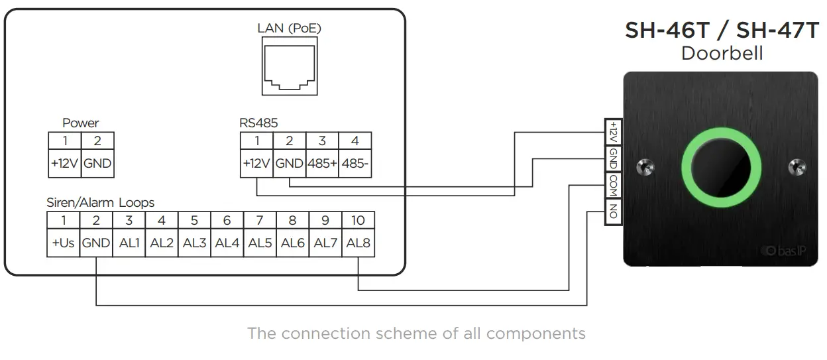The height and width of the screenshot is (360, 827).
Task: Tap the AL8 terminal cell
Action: pyautogui.click(x=358, y=243)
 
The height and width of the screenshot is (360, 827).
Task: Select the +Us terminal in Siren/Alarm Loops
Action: pyautogui.click(x=63, y=243)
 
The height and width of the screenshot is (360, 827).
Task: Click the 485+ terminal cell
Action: pyautogui.click(x=322, y=164)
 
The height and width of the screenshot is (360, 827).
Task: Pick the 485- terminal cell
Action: pyautogui.click(x=355, y=164)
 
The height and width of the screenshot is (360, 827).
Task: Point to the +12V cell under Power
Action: pyautogui.click(x=65, y=164)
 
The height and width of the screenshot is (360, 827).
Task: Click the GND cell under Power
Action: pyautogui.click(x=97, y=164)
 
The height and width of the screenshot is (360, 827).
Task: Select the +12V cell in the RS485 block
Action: pyautogui.click(x=256, y=164)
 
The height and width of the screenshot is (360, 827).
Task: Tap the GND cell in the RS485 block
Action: pyautogui.click(x=289, y=164)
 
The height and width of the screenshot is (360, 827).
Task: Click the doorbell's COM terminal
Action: pyautogui.click(x=613, y=186)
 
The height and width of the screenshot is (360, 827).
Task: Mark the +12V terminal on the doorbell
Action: pyautogui.click(x=613, y=132)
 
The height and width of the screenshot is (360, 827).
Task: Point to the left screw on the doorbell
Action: pyautogui.click(x=642, y=167)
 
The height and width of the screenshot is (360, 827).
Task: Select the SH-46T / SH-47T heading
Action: pyautogui.click(x=722, y=31)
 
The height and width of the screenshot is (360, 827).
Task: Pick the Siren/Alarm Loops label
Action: pyautogui.click(x=100, y=202)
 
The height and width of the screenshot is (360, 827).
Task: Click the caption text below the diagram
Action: pyautogui.click(x=416, y=333)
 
